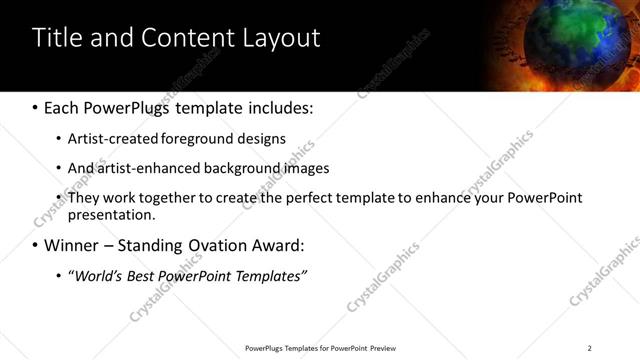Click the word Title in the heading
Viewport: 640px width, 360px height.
pos(58,39)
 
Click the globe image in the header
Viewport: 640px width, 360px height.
pos(591,45)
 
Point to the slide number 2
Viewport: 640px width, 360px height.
pos(589,348)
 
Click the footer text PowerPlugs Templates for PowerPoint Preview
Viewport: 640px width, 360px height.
pos(319,348)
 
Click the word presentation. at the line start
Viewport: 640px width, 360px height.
pos(111,214)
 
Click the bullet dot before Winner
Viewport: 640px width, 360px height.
pos(36,245)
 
